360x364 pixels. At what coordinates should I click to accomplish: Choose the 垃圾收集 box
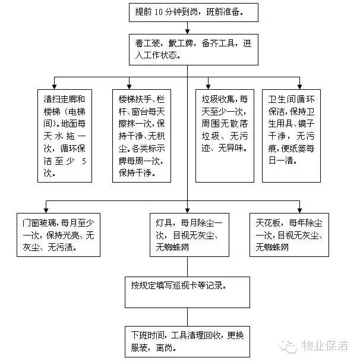(x=223, y=136)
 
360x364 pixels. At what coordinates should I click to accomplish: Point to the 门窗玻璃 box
(x=58, y=236)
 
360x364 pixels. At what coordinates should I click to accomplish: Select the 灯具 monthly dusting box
(x=188, y=236)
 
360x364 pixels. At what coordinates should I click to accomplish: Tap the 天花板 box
(x=289, y=236)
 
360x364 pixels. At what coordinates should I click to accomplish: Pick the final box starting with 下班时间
(x=188, y=341)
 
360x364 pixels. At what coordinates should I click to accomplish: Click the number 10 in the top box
(x=158, y=11)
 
